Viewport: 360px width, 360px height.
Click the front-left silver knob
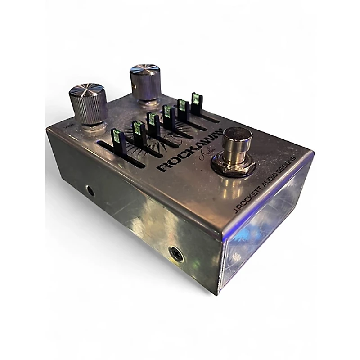[88, 105]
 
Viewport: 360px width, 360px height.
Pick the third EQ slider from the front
[153, 121]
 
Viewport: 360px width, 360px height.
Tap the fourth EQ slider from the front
[168, 112]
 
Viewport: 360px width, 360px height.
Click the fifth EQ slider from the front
[182, 106]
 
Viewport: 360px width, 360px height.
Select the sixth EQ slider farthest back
[196, 99]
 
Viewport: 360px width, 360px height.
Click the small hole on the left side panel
[90, 190]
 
